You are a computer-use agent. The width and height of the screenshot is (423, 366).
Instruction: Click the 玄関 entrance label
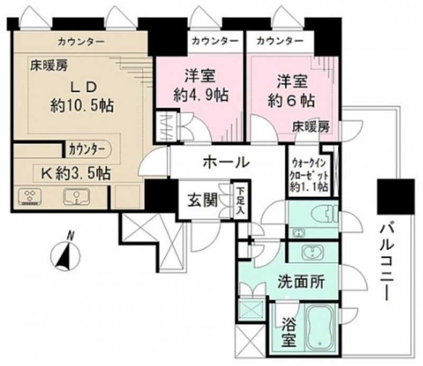click(x=203, y=200)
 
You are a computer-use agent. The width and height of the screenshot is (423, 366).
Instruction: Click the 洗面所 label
click(x=301, y=281)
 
